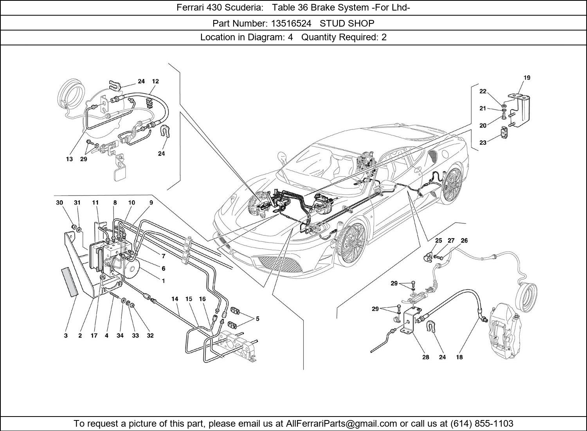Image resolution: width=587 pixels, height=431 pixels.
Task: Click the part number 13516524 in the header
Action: pyautogui.click(x=291, y=23)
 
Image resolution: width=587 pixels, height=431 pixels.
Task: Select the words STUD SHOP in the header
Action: pyautogui.click(x=347, y=23)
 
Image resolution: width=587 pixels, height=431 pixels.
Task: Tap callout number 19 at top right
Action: pyautogui.click(x=527, y=78)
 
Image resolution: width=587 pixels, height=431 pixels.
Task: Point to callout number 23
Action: pyautogui.click(x=483, y=143)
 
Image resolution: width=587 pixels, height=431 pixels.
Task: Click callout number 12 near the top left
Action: pyautogui.click(x=155, y=81)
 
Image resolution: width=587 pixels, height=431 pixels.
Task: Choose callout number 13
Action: pyautogui.click(x=69, y=159)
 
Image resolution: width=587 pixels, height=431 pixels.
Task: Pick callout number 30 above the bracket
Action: pyautogui.click(x=59, y=203)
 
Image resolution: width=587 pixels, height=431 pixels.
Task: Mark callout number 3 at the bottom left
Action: pyautogui.click(x=66, y=336)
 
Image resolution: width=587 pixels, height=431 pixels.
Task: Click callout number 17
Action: pyautogui.click(x=94, y=336)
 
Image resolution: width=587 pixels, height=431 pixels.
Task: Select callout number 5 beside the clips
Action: pyautogui.click(x=257, y=319)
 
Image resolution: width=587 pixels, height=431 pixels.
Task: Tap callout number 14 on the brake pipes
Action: pyautogui.click(x=175, y=299)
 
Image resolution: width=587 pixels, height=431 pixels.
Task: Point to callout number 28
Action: pyautogui.click(x=425, y=357)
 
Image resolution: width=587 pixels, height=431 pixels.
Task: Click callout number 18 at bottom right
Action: pyautogui.click(x=459, y=357)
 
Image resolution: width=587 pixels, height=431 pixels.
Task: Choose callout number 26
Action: pyautogui.click(x=464, y=241)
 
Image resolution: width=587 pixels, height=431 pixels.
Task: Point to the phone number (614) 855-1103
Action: pyautogui.click(x=482, y=424)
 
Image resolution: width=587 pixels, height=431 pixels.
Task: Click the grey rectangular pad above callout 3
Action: pyautogui.click(x=69, y=282)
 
